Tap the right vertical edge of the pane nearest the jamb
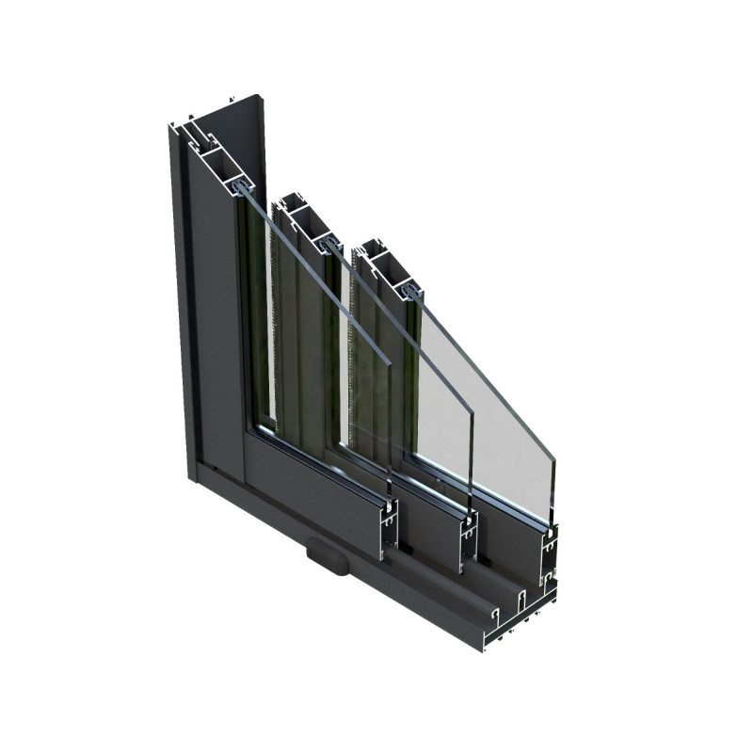391,433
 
